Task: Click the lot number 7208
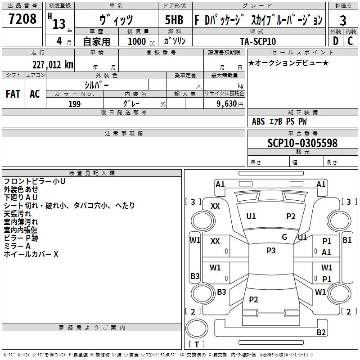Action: tap(22, 18)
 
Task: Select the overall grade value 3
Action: tap(343, 20)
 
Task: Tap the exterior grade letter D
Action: tap(335, 41)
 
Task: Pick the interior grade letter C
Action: tap(350, 41)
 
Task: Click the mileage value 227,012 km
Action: tap(53, 65)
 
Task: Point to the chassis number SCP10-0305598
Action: tap(302, 143)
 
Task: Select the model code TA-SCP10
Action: tap(258, 41)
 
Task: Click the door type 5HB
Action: tap(174, 20)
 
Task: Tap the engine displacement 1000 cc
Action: tap(141, 41)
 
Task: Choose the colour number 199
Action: tap(74, 104)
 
